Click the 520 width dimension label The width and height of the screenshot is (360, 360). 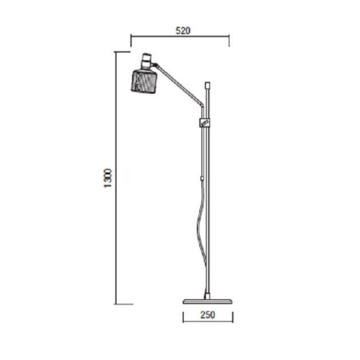tap(183, 31)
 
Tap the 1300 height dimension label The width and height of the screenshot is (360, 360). tap(109, 178)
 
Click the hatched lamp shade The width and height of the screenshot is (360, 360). tap(144, 80)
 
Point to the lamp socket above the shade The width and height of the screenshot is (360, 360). tap(147, 60)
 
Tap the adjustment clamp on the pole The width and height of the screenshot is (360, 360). tap(204, 122)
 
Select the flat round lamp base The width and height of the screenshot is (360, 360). tap(208, 302)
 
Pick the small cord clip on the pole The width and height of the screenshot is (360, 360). tap(202, 179)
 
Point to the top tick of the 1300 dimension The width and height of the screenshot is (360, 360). tap(122, 52)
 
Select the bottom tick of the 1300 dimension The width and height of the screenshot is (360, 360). tap(123, 304)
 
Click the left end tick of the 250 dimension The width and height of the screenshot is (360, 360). tap(183, 317)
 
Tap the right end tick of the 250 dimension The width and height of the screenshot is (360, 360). tap(233, 317)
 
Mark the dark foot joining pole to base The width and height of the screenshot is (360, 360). tap(207, 296)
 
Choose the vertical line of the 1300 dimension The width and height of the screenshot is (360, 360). tap(116, 233)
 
